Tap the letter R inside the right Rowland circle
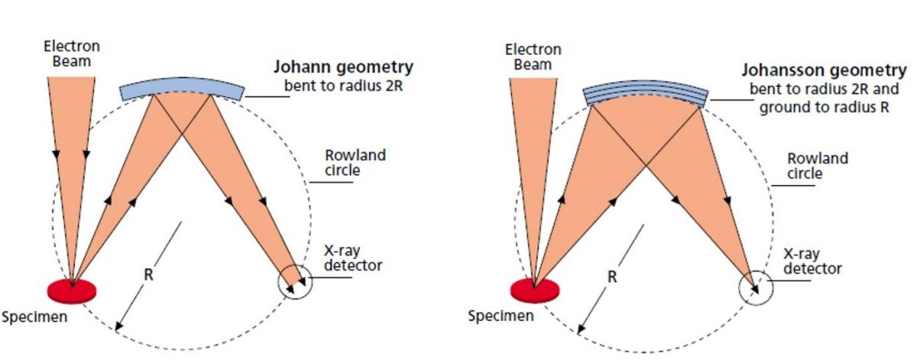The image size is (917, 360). tap(611, 278)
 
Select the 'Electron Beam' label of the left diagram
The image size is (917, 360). tap(71, 54)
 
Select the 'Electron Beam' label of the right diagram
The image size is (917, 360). tap(533, 57)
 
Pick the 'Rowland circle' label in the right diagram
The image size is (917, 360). tap(818, 166)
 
